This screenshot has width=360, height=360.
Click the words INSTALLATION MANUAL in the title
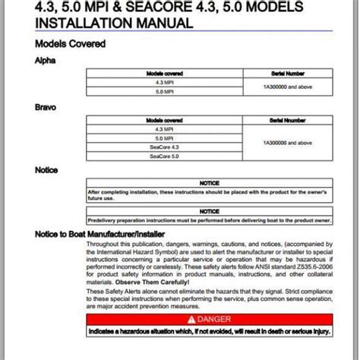114,23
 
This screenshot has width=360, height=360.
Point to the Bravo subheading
46,108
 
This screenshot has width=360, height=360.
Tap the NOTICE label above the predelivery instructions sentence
209,211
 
